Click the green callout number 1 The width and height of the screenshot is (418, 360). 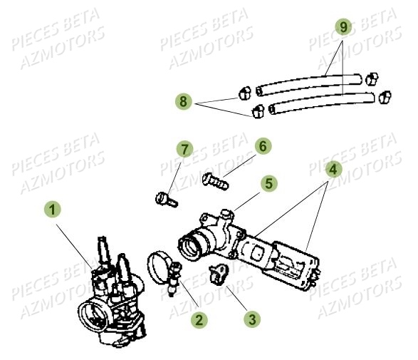54,210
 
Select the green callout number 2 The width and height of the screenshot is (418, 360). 199,321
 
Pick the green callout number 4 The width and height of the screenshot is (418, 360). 332,170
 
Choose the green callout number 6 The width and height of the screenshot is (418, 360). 263,146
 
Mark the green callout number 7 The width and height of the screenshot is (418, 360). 184,150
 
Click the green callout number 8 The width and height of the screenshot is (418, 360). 184,103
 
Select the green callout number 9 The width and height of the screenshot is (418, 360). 343,28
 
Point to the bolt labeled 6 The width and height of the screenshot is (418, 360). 215,180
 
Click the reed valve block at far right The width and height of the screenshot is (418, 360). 296,263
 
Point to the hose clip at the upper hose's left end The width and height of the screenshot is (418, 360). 244,92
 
